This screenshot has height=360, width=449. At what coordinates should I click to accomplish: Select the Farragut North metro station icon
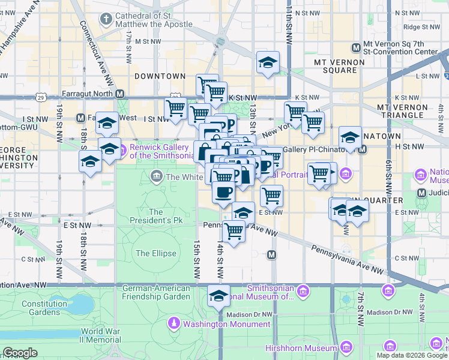[120, 94]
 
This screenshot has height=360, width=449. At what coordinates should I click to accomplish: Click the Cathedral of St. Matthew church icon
[106, 20]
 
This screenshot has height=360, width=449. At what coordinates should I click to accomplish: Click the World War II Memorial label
[100, 335]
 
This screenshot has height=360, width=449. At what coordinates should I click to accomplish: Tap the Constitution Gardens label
[44, 308]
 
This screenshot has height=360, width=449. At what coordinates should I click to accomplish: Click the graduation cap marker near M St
[268, 62]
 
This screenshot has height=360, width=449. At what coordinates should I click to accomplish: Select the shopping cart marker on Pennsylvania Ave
[234, 230]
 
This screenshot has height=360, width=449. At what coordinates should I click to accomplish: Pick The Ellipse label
[156, 253]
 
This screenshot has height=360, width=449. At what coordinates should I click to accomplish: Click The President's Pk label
[156, 216]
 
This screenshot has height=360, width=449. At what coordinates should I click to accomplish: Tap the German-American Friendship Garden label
[156, 292]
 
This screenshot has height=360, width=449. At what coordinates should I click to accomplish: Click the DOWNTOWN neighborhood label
[160, 76]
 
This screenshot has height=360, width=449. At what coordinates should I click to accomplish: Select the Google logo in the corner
[20, 353]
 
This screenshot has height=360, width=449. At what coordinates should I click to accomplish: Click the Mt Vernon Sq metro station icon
[357, 47]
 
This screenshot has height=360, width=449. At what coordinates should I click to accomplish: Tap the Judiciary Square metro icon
[421, 193]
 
